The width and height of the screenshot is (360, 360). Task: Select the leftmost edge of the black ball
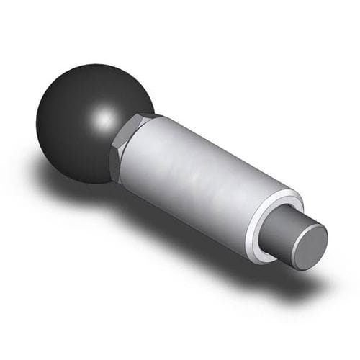tap(36, 119)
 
